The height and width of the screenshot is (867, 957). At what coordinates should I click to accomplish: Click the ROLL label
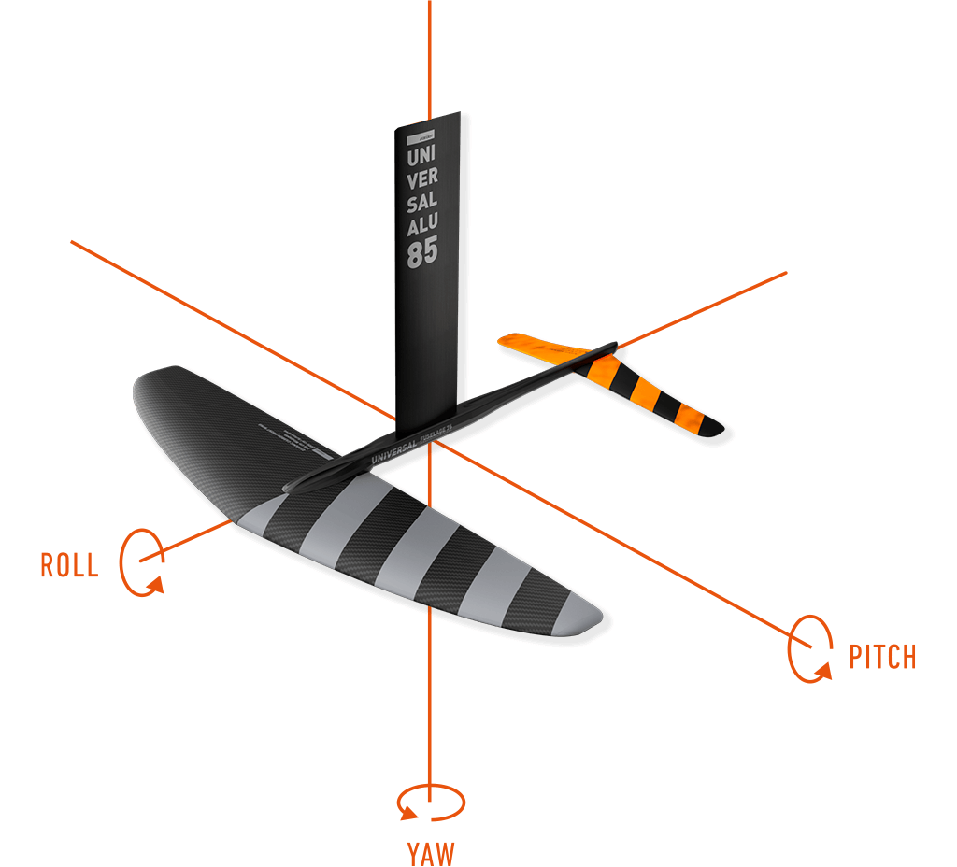click(x=69, y=565)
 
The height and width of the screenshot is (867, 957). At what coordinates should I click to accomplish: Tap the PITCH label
click(x=882, y=657)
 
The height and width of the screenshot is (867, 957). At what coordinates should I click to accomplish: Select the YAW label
click(x=430, y=852)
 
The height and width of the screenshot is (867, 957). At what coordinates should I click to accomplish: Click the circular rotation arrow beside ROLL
click(x=142, y=561)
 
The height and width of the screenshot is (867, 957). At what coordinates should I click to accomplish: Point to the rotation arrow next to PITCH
click(x=810, y=647)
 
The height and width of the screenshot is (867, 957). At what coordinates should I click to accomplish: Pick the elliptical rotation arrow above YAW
click(x=430, y=803)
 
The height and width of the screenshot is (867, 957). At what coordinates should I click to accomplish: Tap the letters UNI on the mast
click(x=422, y=160)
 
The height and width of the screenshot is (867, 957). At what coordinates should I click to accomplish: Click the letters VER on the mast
click(x=422, y=181)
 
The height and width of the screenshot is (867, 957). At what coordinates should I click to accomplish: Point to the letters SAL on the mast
click(x=422, y=203)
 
